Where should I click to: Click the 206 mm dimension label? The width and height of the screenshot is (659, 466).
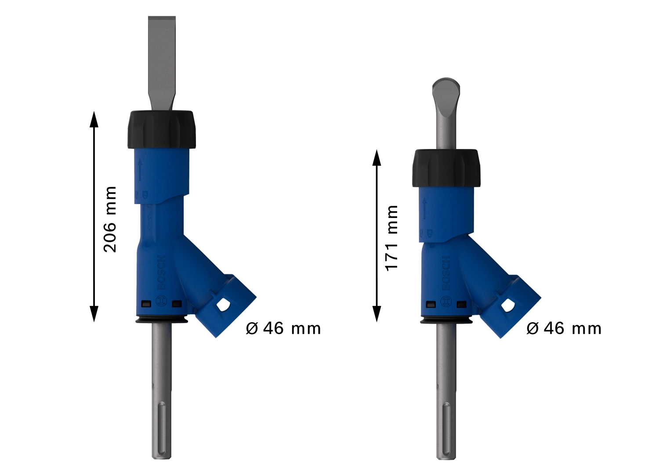click(110, 219)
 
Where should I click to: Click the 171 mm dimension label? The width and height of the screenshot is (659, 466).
click(391, 238)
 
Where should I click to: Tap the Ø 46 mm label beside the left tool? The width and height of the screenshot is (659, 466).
click(283, 328)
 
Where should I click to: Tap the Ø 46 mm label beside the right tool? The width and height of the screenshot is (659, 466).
click(564, 328)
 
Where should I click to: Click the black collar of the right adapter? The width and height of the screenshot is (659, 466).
click(446, 168)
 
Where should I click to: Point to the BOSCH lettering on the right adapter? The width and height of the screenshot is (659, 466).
click(446, 273)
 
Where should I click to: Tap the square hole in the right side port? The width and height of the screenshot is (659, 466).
click(508, 305)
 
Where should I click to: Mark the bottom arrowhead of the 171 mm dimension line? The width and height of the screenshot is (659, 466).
click(377, 314)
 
